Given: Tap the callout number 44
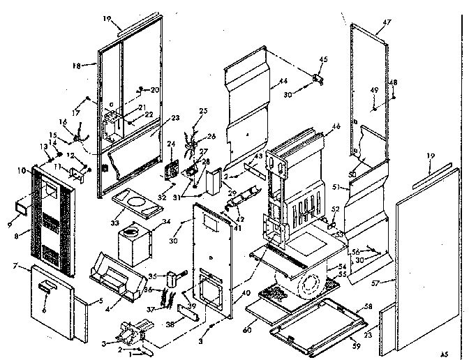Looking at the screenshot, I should [x=283, y=82].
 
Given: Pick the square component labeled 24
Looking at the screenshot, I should [x=168, y=170].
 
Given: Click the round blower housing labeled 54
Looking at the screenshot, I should [x=308, y=285].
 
